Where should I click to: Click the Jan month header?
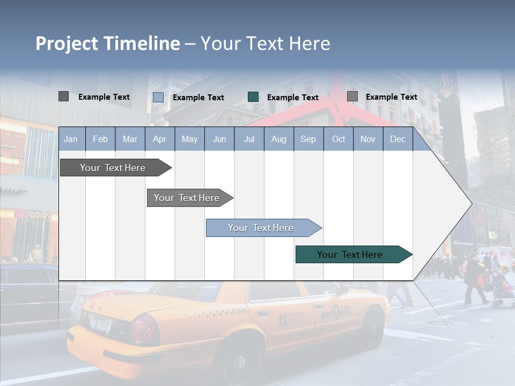[71, 139]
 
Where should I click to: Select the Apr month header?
[159, 139]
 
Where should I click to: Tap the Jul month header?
[249, 139]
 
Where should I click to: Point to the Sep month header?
[308, 139]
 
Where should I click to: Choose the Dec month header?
[398, 139]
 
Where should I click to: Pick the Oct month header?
[338, 139]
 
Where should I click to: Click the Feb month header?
[100, 139]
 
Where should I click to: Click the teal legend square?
[253, 97]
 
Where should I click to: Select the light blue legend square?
[158, 97]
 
